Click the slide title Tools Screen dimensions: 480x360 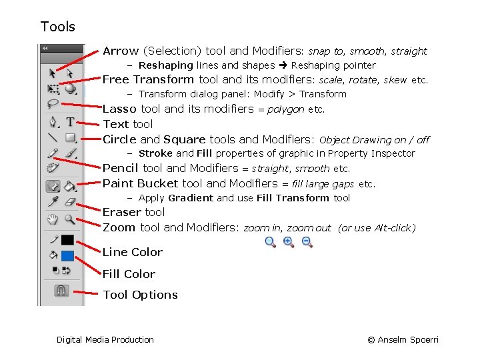(58, 27)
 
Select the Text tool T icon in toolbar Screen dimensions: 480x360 (70, 122)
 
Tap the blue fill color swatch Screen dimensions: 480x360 (68, 255)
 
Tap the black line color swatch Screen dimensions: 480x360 (68, 240)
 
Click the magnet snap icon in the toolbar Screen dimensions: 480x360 (61, 291)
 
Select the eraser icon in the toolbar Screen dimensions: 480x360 (70, 202)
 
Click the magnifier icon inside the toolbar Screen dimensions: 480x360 (70, 219)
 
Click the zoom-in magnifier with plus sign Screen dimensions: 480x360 (289, 242)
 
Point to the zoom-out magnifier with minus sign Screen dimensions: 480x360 (307, 242)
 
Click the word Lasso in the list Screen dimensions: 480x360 (120, 109)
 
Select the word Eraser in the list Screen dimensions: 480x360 (121, 212)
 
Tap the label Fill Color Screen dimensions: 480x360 (129, 274)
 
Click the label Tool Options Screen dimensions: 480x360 (140, 295)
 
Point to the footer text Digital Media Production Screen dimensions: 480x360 (105, 340)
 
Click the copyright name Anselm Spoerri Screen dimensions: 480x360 (408, 340)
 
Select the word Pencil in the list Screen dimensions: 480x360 (121, 168)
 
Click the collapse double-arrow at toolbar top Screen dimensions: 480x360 (45, 49)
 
